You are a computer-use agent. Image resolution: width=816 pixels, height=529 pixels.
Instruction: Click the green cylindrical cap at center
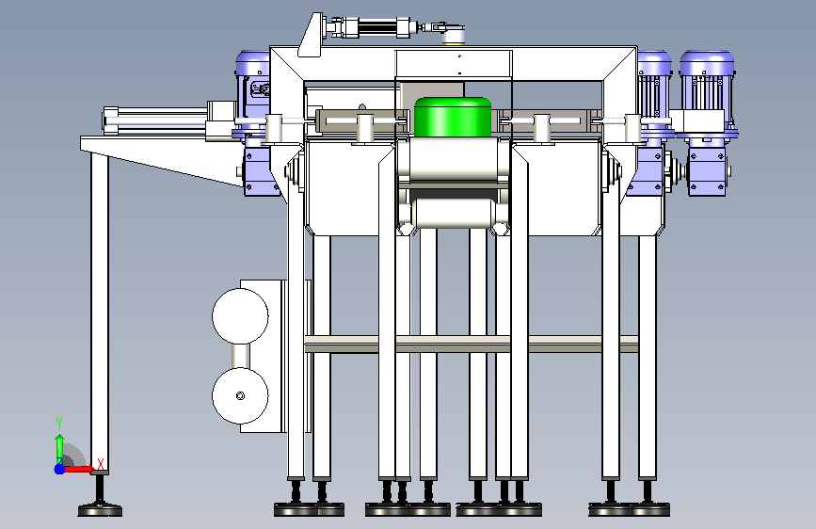coord(452,117)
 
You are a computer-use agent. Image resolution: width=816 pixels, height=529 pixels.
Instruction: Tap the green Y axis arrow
coord(60,449)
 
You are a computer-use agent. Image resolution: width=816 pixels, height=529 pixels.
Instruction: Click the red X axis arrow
coord(78,469)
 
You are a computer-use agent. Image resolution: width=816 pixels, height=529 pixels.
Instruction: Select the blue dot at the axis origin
coord(59,469)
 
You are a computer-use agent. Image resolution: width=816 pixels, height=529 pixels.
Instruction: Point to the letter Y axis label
coord(59,424)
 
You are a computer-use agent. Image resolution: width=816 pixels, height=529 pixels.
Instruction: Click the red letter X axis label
coord(101,463)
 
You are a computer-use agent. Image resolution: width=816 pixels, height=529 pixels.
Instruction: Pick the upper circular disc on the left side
coord(240,316)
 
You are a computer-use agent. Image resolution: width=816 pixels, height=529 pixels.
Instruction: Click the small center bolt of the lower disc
coord(240,395)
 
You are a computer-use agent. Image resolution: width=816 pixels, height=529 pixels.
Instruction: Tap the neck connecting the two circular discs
coord(240,356)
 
